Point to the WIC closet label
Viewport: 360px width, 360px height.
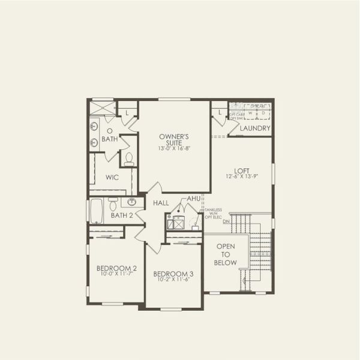click(x=113, y=178)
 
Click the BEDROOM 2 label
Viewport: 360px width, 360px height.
click(x=117, y=268)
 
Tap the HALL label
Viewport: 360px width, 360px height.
click(x=160, y=203)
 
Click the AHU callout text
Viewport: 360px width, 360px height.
click(x=193, y=198)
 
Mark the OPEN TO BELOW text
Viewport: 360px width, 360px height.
click(x=226, y=254)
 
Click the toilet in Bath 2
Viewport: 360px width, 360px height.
click(x=113, y=206)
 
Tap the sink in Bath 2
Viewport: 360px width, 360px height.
click(x=131, y=202)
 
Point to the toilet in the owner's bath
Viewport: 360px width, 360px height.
click(x=128, y=158)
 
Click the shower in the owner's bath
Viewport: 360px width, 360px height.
click(x=102, y=108)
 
